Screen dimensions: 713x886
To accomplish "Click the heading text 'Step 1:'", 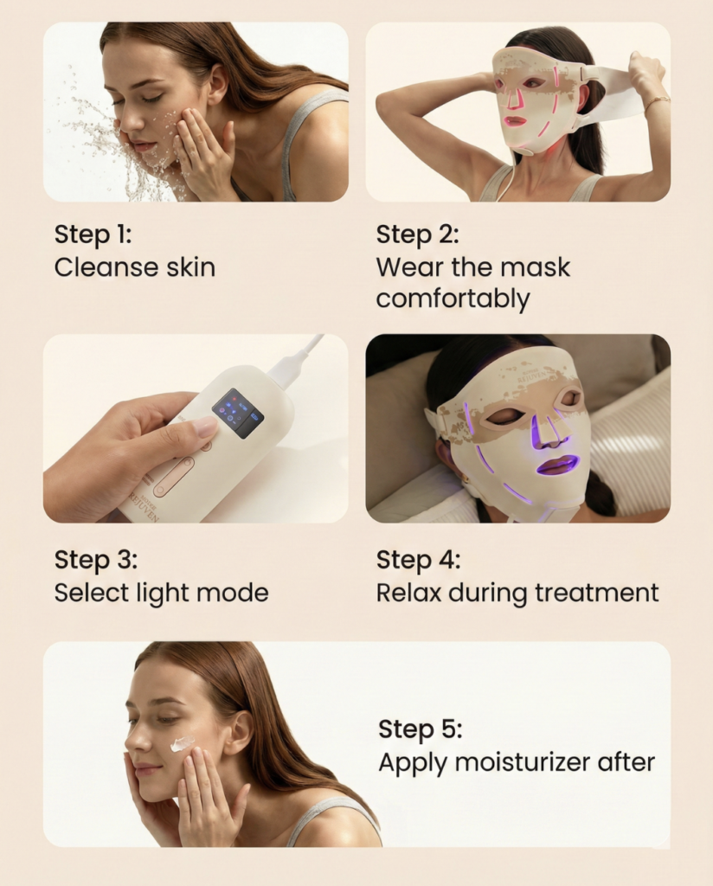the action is [x=93, y=234].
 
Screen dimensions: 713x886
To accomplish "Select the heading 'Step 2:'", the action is [x=418, y=234].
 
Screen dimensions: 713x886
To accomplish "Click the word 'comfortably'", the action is [x=453, y=299].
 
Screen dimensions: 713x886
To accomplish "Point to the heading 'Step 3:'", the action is [x=95, y=560].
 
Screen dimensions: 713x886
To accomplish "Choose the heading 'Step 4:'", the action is [x=418, y=560].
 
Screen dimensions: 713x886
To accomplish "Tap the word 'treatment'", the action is [x=596, y=593].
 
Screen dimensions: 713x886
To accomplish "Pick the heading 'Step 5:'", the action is [x=420, y=729].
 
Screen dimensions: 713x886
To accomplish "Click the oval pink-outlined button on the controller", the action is [x=175, y=477].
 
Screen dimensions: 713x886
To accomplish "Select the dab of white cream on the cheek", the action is [x=182, y=742].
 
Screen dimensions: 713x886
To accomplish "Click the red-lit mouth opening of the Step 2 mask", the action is [x=513, y=121].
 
